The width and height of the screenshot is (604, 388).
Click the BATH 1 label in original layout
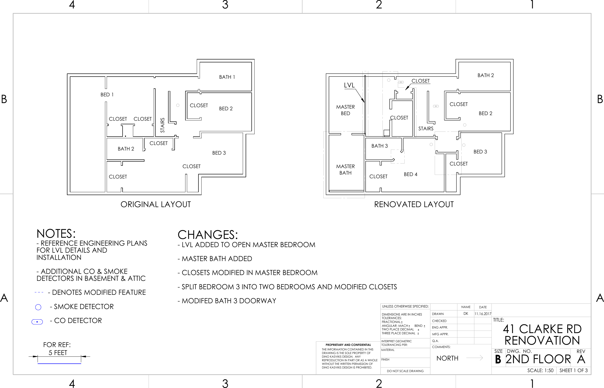click(227, 77)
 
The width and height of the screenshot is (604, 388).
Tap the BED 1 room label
click(107, 95)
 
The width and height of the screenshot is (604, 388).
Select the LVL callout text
click(349, 85)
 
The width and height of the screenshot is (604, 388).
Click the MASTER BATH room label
click(345, 170)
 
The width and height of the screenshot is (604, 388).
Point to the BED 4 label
click(410, 174)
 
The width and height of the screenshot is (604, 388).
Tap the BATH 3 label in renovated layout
click(379, 146)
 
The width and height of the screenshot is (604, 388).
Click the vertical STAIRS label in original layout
click(163, 125)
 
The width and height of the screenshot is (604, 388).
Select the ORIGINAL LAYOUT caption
click(155, 204)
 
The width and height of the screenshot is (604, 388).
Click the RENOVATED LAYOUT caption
click(414, 204)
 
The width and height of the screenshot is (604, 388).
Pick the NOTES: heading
click(56, 234)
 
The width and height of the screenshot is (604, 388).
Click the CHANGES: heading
click(208, 235)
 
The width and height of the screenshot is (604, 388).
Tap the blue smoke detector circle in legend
click(38, 307)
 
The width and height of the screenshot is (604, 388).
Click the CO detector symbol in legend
click(37, 322)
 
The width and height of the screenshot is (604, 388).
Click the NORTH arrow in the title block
click(474, 358)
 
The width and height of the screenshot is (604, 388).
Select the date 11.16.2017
click(483, 314)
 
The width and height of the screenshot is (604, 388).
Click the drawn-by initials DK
click(466, 314)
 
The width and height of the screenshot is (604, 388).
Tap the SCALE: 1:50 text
click(540, 370)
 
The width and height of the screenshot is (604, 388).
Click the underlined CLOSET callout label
click(420, 81)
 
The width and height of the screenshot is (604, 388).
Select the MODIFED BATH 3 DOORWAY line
click(227, 301)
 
